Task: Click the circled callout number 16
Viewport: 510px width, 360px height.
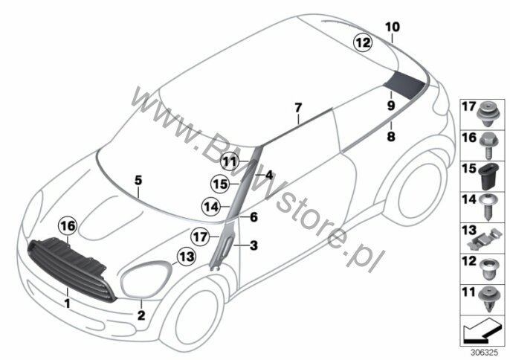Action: (x=68, y=226)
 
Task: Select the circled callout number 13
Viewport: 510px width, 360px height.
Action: (x=187, y=257)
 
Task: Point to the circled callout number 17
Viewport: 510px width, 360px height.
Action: (x=200, y=237)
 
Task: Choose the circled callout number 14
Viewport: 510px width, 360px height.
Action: (x=211, y=206)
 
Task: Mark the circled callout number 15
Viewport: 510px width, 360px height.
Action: (x=220, y=184)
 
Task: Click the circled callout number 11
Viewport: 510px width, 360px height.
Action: (x=230, y=161)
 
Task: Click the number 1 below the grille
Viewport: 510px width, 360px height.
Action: (x=67, y=304)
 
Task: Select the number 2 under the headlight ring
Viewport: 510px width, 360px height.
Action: (x=141, y=315)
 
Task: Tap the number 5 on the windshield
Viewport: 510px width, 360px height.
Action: (x=138, y=180)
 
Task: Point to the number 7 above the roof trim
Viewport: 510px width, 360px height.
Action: (x=298, y=107)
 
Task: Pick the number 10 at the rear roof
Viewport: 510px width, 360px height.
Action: (x=393, y=27)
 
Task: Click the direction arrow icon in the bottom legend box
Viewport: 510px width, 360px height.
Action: (x=481, y=330)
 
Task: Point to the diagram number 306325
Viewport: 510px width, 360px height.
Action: (x=484, y=353)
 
